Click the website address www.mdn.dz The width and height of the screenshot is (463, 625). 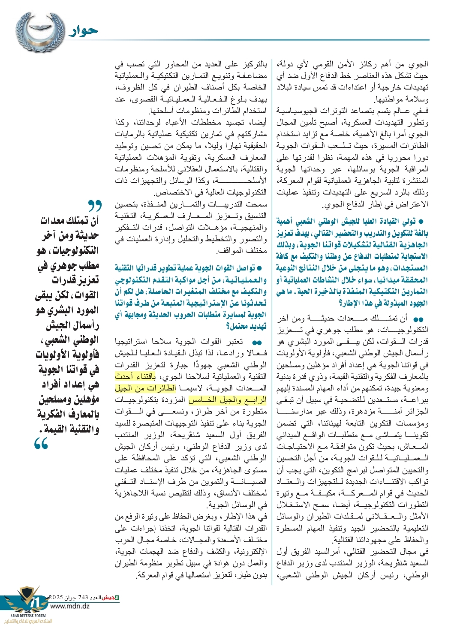click(69, 606)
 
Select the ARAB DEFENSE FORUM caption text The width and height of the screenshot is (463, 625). click(28, 616)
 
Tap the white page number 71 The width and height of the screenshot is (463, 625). click(37, 602)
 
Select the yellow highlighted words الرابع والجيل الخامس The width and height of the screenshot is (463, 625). click(227, 400)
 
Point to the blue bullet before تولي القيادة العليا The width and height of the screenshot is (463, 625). click(421, 222)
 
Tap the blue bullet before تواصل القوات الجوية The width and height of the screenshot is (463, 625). click(259, 268)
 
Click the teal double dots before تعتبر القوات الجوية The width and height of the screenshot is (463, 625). click(257, 343)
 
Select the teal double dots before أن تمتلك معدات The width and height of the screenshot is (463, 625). click(419, 319)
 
